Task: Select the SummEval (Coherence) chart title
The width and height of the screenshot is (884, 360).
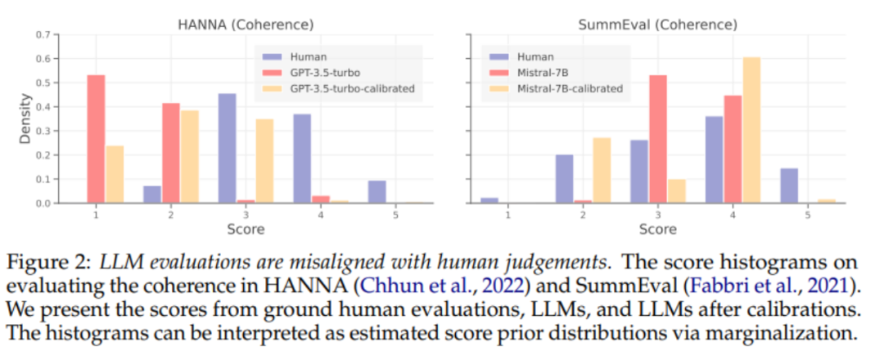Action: click(x=656, y=25)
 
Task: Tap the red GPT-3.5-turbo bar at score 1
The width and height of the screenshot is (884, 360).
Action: click(x=97, y=139)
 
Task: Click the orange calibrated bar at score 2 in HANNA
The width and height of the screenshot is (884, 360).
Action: click(x=189, y=156)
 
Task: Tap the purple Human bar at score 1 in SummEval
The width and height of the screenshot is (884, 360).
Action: click(x=489, y=200)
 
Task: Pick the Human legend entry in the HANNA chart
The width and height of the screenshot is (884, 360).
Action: click(x=302, y=57)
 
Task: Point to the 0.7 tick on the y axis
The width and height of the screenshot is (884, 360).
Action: click(x=42, y=35)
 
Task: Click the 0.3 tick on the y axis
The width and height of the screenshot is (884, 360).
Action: click(x=42, y=131)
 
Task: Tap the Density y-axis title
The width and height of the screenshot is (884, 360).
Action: click(x=25, y=119)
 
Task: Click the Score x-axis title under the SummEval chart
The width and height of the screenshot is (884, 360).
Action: click(x=656, y=229)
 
